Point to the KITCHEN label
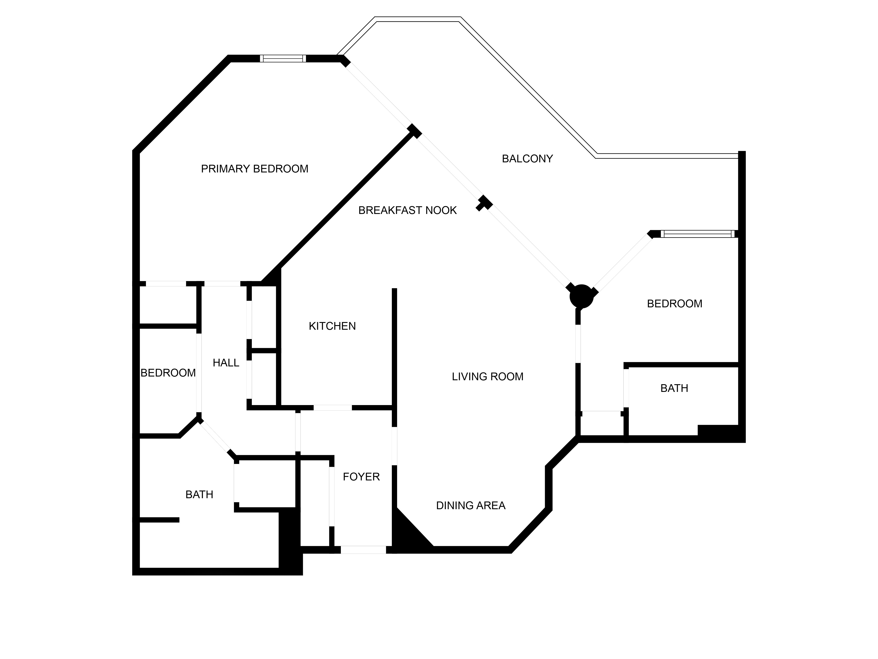(x=332, y=326)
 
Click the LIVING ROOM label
(x=488, y=377)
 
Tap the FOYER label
(x=361, y=477)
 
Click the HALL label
(x=226, y=363)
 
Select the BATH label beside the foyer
(x=199, y=494)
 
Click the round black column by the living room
(x=581, y=296)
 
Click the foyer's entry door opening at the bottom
(x=363, y=550)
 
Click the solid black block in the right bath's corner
(x=719, y=433)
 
